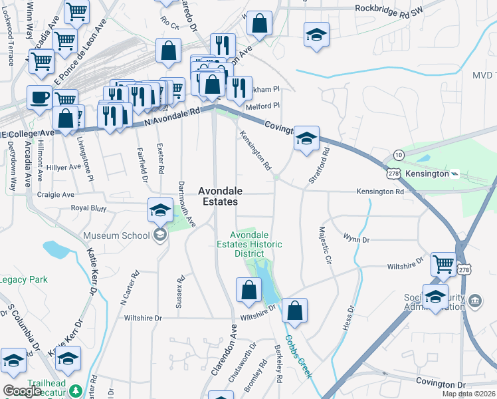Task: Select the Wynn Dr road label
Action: pyautogui.click(x=356, y=237)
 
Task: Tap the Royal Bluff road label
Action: pyautogui.click(x=88, y=208)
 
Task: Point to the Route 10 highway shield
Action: pyautogui.click(x=397, y=154)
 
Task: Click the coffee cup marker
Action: pyautogui.click(x=39, y=97)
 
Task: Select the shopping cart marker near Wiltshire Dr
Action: pyautogui.click(x=443, y=263)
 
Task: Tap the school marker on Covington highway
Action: pyautogui.click(x=306, y=138)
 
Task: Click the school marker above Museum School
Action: pyautogui.click(x=159, y=210)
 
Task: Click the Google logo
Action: pyautogui.click(x=23, y=391)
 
